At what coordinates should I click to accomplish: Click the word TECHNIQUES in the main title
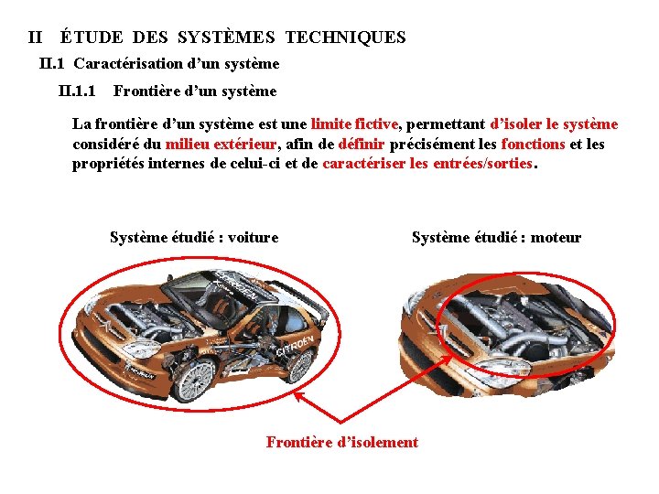click(x=345, y=38)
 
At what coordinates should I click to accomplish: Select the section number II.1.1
click(x=77, y=91)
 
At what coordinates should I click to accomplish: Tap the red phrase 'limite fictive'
click(x=354, y=123)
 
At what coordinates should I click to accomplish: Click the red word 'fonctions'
click(x=533, y=144)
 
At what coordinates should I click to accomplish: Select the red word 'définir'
click(x=362, y=144)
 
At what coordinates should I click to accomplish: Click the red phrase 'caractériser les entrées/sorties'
click(x=427, y=164)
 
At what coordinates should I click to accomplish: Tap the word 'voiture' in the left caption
click(x=253, y=238)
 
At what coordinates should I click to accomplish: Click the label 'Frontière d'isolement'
click(x=341, y=443)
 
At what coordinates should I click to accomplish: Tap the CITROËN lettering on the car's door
click(x=295, y=324)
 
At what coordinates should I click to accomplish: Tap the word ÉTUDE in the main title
click(x=93, y=38)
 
